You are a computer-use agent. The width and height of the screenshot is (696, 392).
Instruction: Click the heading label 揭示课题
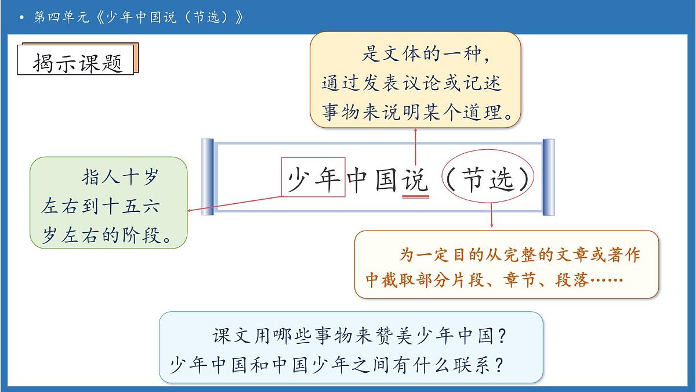tap(78, 62)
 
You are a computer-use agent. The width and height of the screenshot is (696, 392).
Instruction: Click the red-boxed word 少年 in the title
tap(314, 178)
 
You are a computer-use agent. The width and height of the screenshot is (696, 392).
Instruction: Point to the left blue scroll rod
tap(208, 177)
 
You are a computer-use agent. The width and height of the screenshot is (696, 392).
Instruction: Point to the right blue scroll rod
tap(548, 177)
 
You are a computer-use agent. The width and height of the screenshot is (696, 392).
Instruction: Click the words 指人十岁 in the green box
tap(119, 178)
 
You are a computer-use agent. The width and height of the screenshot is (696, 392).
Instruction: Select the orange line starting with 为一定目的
tap(520, 256)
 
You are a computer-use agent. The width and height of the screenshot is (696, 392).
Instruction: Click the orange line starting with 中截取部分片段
tap(494, 280)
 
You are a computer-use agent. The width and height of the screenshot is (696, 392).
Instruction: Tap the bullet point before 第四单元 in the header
tap(21, 17)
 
